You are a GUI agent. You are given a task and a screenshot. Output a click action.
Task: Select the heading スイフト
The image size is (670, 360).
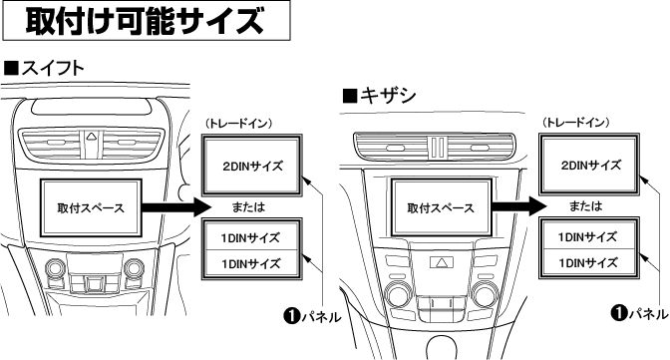(x=44, y=68)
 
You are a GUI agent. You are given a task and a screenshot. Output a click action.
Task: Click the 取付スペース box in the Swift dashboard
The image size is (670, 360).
(x=85, y=207)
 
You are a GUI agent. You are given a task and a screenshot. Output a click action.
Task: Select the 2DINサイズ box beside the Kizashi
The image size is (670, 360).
(x=589, y=166)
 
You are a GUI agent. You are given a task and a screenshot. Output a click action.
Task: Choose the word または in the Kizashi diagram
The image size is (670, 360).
(x=589, y=206)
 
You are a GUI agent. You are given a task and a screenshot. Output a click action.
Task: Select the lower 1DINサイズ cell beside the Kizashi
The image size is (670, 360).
(x=589, y=262)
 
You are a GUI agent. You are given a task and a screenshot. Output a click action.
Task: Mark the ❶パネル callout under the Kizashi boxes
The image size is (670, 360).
(x=638, y=312)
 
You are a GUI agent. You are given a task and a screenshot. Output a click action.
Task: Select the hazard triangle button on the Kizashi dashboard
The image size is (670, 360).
(x=440, y=262)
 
